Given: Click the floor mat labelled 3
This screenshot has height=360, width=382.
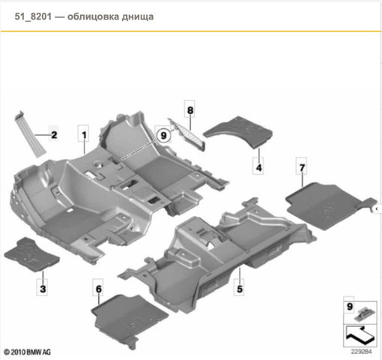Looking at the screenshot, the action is tap(31, 254).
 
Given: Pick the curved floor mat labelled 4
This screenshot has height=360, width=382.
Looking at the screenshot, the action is tap(238, 131).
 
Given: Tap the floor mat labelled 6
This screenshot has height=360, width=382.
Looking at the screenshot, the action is tap(129, 319).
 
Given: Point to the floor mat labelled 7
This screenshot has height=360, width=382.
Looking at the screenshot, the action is tap(330, 205).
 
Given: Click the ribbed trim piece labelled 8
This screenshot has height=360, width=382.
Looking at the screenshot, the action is tap(187, 134).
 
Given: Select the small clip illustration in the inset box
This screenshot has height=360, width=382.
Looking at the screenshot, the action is tap(365, 313).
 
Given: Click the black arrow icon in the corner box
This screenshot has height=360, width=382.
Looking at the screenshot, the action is tap(360, 335).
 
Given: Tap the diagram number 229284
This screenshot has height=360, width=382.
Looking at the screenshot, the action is tap(361, 352).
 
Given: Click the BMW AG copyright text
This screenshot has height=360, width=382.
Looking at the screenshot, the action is tap(27, 352).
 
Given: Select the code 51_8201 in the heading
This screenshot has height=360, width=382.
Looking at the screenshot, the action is tap(33, 16).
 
